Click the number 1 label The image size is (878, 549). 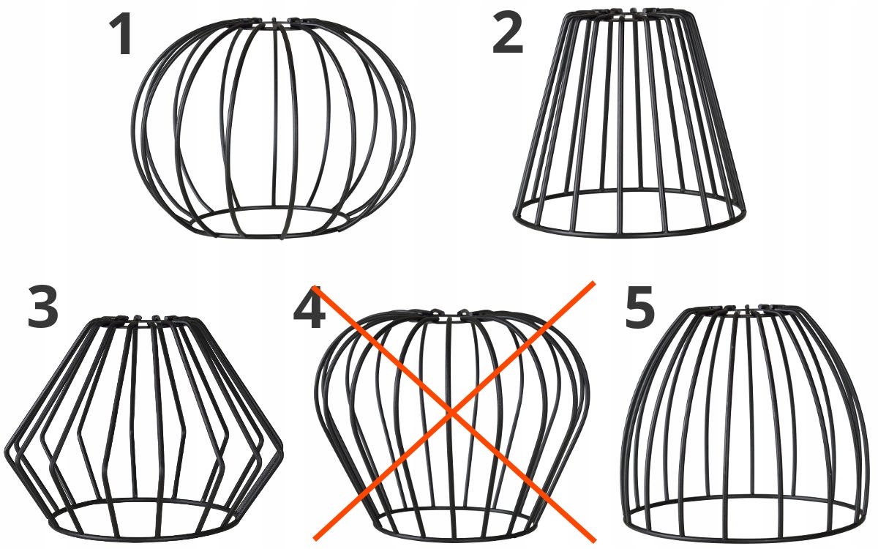[120, 34]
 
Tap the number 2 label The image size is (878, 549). [508, 31]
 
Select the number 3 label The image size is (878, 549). [43, 307]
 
